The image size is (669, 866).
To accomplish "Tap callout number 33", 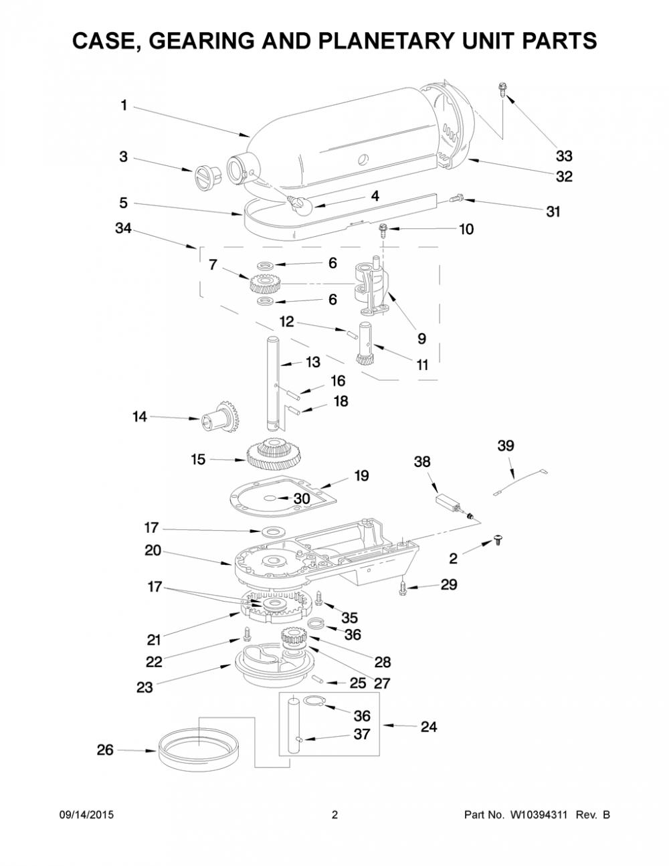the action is click(564, 156).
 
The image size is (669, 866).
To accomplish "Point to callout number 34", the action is click(123, 228).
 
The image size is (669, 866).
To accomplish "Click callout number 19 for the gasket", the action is click(361, 475).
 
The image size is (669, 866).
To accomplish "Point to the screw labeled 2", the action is click(497, 540).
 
